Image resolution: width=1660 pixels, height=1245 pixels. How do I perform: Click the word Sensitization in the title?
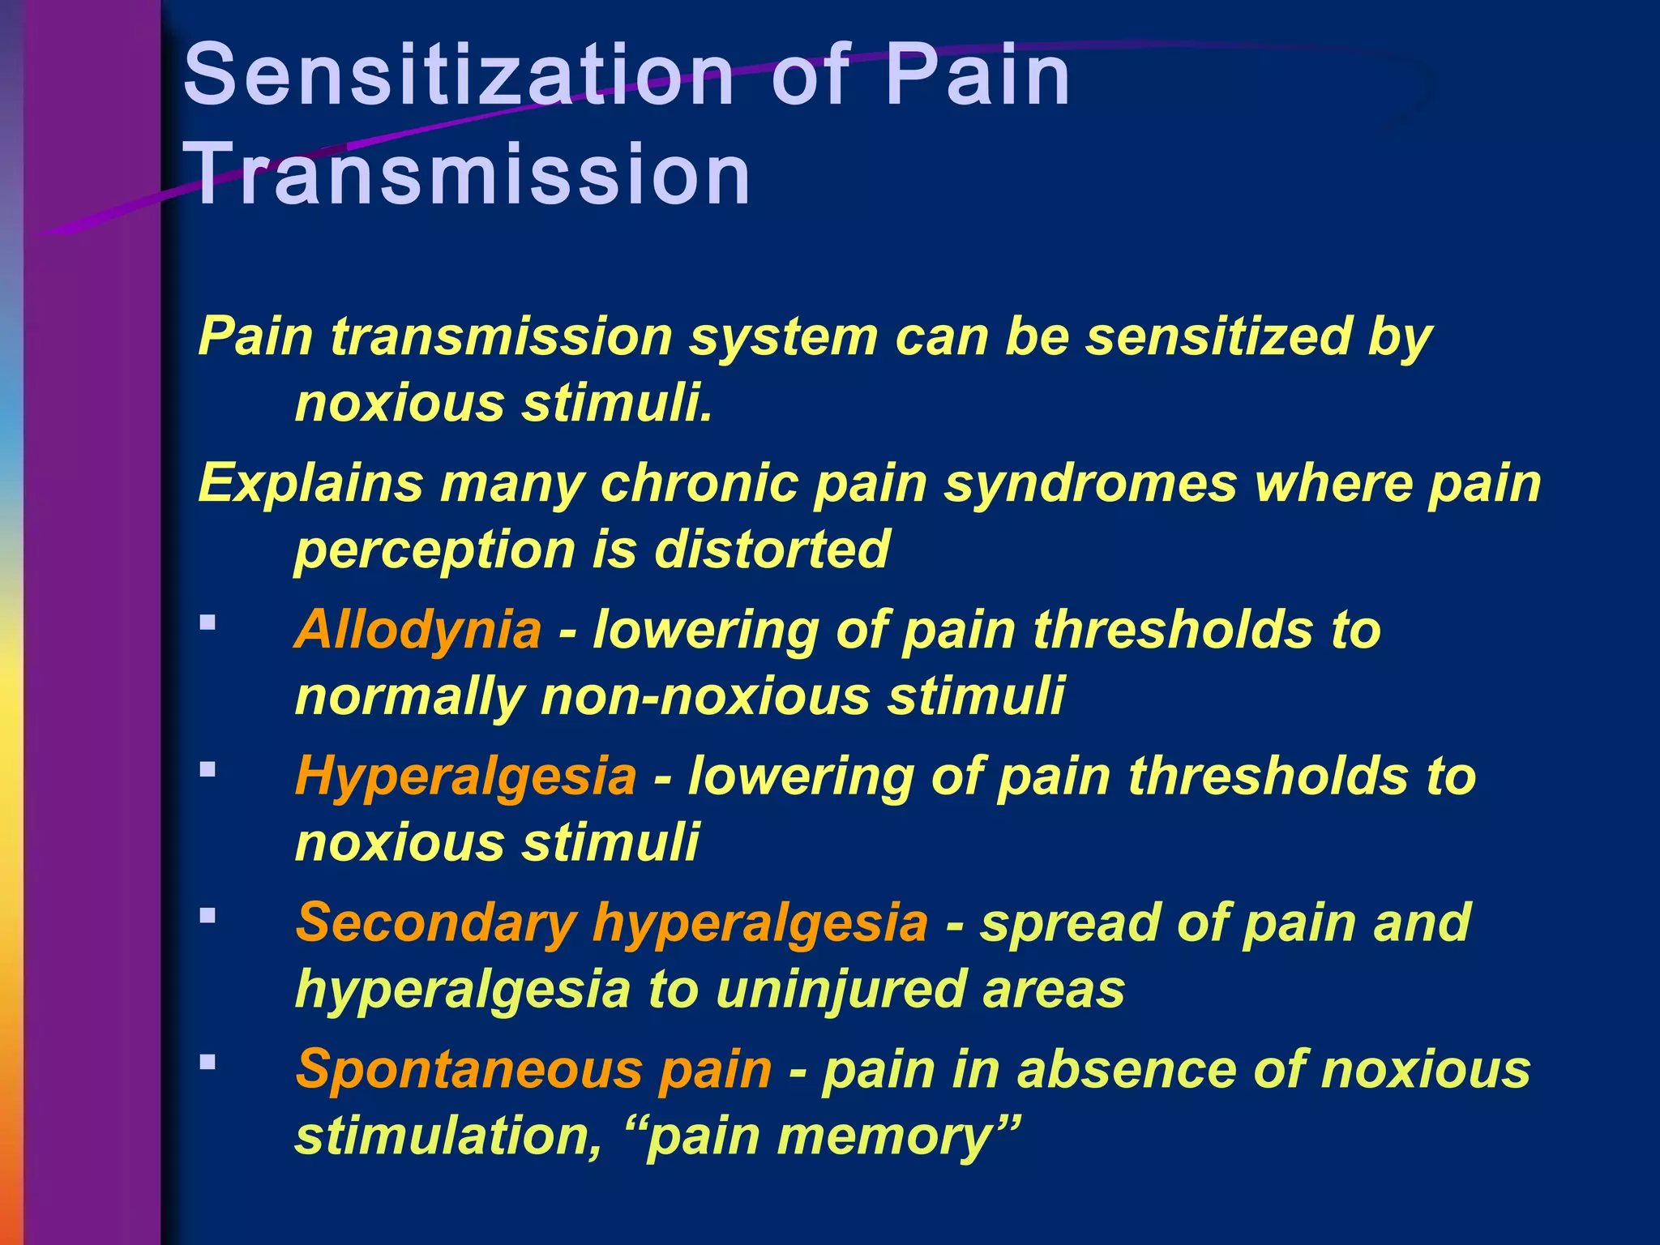tap(459, 76)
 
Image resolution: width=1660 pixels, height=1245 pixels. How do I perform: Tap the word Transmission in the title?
tap(468, 174)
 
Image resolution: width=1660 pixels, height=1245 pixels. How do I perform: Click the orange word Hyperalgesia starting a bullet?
tap(465, 776)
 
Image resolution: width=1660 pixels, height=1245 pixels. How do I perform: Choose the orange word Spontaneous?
tap(468, 1069)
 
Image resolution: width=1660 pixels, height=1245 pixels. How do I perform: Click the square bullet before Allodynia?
tap(207, 622)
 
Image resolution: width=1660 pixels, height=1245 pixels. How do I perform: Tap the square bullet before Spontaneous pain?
tap(207, 1062)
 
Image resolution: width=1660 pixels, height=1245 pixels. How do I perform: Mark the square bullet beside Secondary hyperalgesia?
tap(207, 916)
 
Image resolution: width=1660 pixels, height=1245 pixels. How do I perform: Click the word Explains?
tap(310, 484)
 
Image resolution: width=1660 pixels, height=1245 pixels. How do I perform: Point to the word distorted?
tap(772, 550)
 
